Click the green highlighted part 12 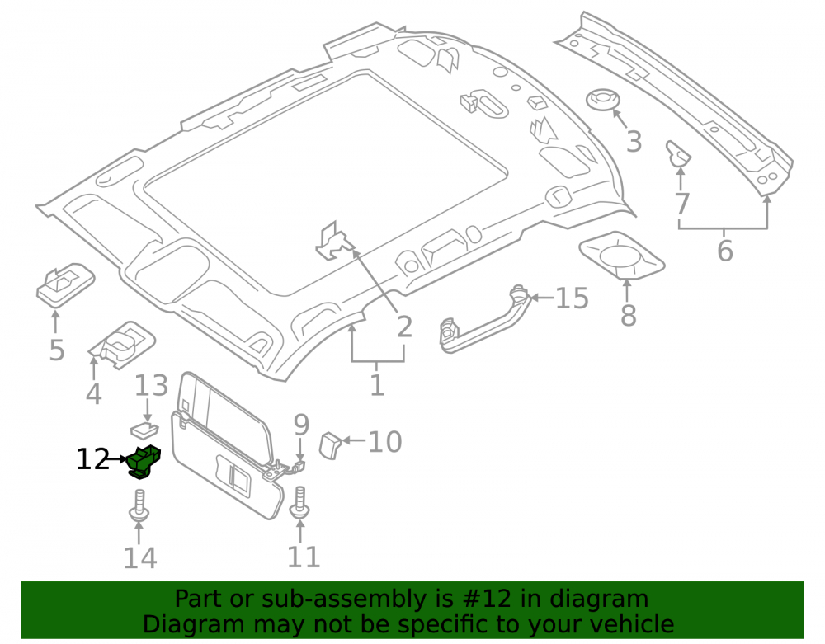(144, 462)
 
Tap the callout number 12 (92, 459)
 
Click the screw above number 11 (299, 502)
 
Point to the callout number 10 (384, 442)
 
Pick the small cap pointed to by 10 (330, 445)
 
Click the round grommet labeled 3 (603, 99)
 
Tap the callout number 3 (634, 142)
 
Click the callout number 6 (725, 251)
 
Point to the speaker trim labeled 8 (622, 256)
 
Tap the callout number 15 (572, 298)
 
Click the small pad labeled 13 (144, 430)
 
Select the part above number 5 (65, 285)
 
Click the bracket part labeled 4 (122, 345)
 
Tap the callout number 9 (301, 425)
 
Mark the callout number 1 (377, 386)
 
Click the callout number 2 (404, 327)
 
